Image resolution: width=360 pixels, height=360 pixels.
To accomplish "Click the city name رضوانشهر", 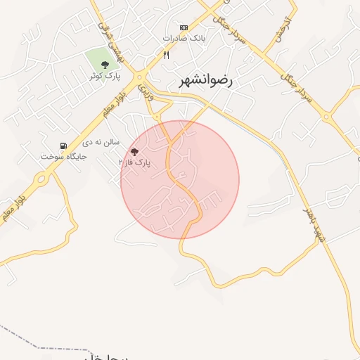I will coord(208,81).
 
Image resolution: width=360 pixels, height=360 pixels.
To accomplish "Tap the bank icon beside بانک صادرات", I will coord(184,27).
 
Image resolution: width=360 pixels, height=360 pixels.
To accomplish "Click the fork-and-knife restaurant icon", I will coord(167,54).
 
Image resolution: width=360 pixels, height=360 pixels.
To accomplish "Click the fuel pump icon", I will coord(64,146).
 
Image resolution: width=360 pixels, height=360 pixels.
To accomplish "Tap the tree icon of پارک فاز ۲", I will coord(135,151).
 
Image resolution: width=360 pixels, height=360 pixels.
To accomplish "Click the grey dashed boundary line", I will coord(42,345).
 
